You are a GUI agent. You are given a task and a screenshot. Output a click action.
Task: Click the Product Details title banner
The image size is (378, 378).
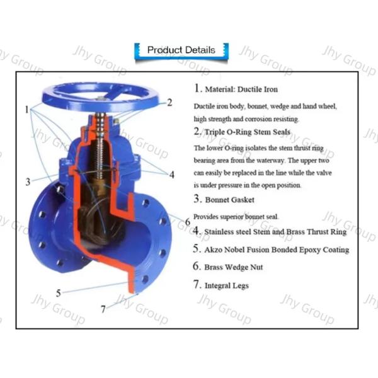coord(181,50)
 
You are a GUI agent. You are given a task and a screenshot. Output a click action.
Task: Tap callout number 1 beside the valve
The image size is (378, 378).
coord(27,110)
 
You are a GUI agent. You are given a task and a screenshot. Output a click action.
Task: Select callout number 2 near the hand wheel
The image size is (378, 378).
coord(169,103)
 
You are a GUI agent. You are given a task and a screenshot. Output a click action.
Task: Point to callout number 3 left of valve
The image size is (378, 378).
coord(28,182)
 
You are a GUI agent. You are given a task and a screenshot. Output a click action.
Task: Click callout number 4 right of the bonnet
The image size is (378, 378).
coord(171,174)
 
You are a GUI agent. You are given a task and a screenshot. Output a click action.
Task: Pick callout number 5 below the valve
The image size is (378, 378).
coord(58,293)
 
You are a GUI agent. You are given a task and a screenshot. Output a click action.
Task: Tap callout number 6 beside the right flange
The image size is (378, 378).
coord(187,220)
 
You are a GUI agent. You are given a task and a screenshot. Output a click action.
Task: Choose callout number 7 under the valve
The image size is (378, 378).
coord(103,309)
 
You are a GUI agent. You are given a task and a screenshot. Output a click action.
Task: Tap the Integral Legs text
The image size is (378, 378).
coord(226,285)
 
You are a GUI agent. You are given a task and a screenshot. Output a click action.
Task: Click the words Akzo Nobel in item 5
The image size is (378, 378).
coord(225,249)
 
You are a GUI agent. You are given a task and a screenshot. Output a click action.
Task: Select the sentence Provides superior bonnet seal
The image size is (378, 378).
coord(236,216)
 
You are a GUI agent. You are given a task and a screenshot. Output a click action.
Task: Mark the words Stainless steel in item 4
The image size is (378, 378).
coord(226,232)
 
